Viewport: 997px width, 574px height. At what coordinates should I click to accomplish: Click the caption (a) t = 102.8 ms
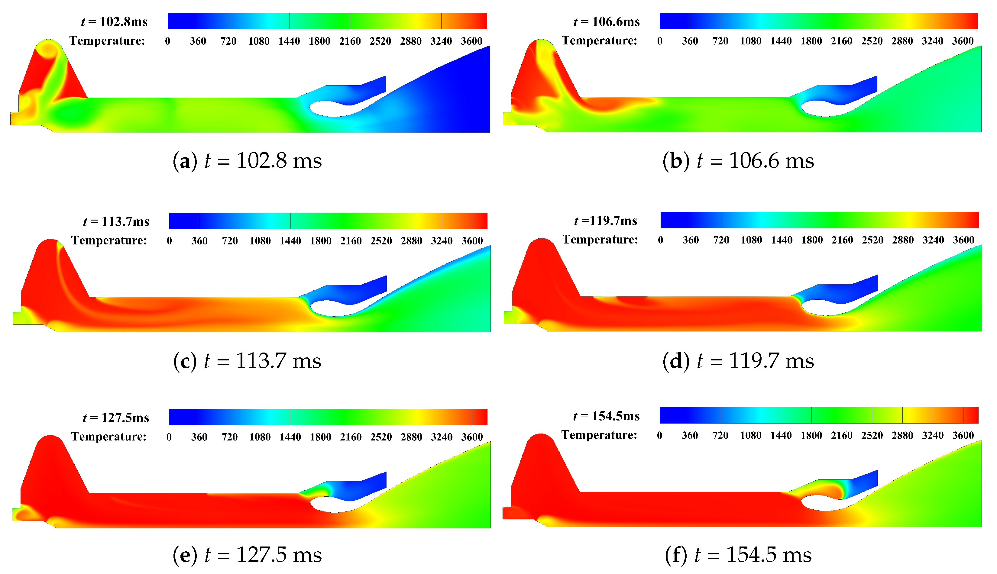(247, 161)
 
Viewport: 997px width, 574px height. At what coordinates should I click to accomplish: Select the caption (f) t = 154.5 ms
(738, 555)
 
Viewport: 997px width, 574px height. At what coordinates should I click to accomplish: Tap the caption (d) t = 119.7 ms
(738, 360)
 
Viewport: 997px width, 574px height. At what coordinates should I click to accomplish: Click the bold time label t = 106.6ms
(607, 22)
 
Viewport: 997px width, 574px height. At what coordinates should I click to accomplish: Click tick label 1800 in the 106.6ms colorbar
(811, 41)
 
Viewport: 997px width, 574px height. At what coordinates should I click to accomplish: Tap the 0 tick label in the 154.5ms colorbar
(659, 435)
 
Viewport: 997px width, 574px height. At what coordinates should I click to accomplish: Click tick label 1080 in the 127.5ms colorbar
(260, 437)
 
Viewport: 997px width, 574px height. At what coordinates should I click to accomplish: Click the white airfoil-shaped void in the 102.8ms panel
(335, 108)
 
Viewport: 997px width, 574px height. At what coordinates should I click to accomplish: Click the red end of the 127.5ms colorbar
(479, 417)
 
